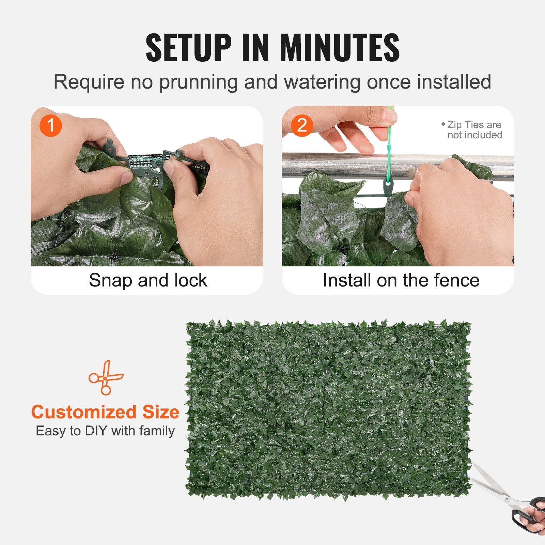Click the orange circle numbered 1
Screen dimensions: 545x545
coord(51,125)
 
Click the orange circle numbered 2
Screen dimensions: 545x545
coord(302,125)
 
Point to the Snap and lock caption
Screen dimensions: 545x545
coord(148,280)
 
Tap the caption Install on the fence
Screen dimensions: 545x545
coord(401,280)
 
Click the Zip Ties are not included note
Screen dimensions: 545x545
coord(473,130)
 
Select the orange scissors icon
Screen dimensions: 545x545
coord(106,377)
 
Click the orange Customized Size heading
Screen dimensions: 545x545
coord(105,412)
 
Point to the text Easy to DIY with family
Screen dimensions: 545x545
coord(105,431)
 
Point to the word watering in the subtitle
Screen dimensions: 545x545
coord(322,82)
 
